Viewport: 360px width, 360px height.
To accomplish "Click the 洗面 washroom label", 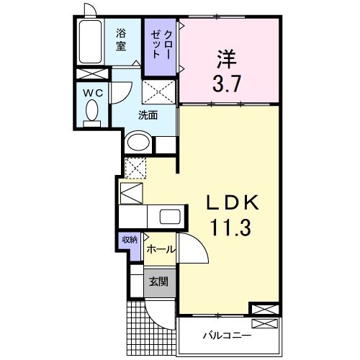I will point(148,114).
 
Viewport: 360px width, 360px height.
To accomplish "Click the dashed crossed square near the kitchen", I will point(135,168).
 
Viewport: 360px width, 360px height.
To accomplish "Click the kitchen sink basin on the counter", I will point(170,216).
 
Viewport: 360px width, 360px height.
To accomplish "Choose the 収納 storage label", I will point(129,240).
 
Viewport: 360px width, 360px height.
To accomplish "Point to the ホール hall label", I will point(159,248).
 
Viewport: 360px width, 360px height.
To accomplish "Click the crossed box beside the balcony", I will point(264,310).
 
